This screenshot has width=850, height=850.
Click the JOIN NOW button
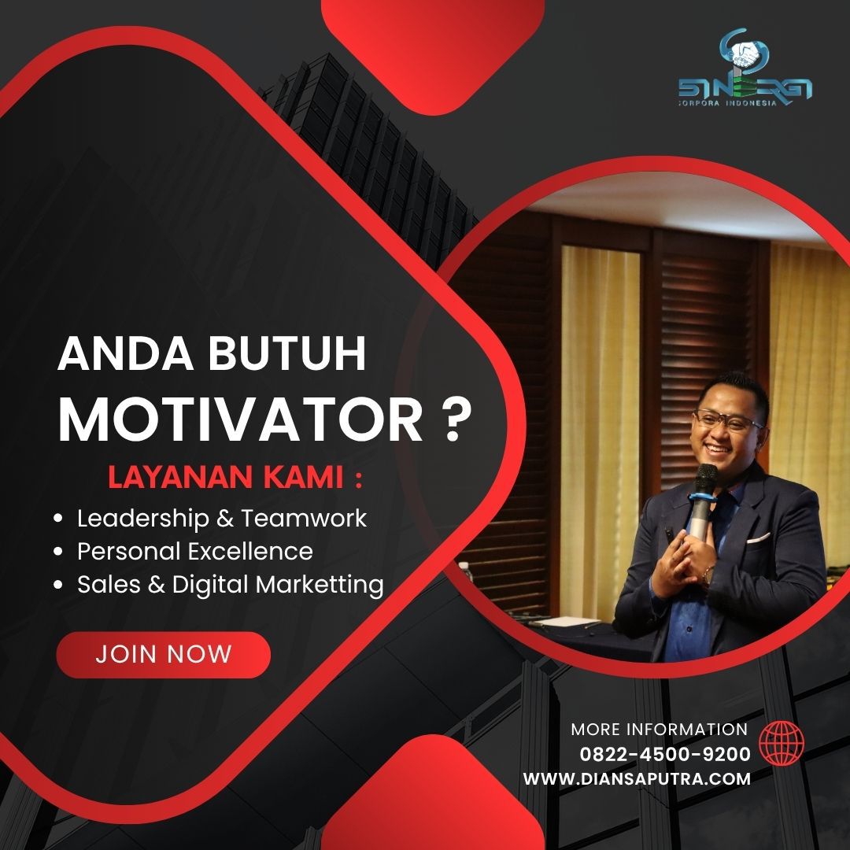pos(163,654)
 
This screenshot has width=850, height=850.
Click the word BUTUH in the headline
pos(287,354)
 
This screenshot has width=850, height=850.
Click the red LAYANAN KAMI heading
pos(235,478)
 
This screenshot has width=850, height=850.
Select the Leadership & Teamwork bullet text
pos(222,519)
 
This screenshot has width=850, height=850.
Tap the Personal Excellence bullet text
pos(195,552)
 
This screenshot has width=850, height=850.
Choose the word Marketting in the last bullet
pos(320,586)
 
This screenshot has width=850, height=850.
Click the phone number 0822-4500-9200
pos(664,754)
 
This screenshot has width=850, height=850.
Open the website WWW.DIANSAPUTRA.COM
pos(637,779)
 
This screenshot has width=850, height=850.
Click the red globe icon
pos(782,743)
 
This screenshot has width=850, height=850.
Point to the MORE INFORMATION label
pos(660,730)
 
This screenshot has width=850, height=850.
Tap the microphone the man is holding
pos(704,501)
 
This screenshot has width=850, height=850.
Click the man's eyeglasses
pos(726,420)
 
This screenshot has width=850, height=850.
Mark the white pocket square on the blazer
pos(758,538)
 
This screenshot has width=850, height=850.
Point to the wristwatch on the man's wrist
pos(708,576)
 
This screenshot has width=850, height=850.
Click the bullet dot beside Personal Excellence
pos(58,552)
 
